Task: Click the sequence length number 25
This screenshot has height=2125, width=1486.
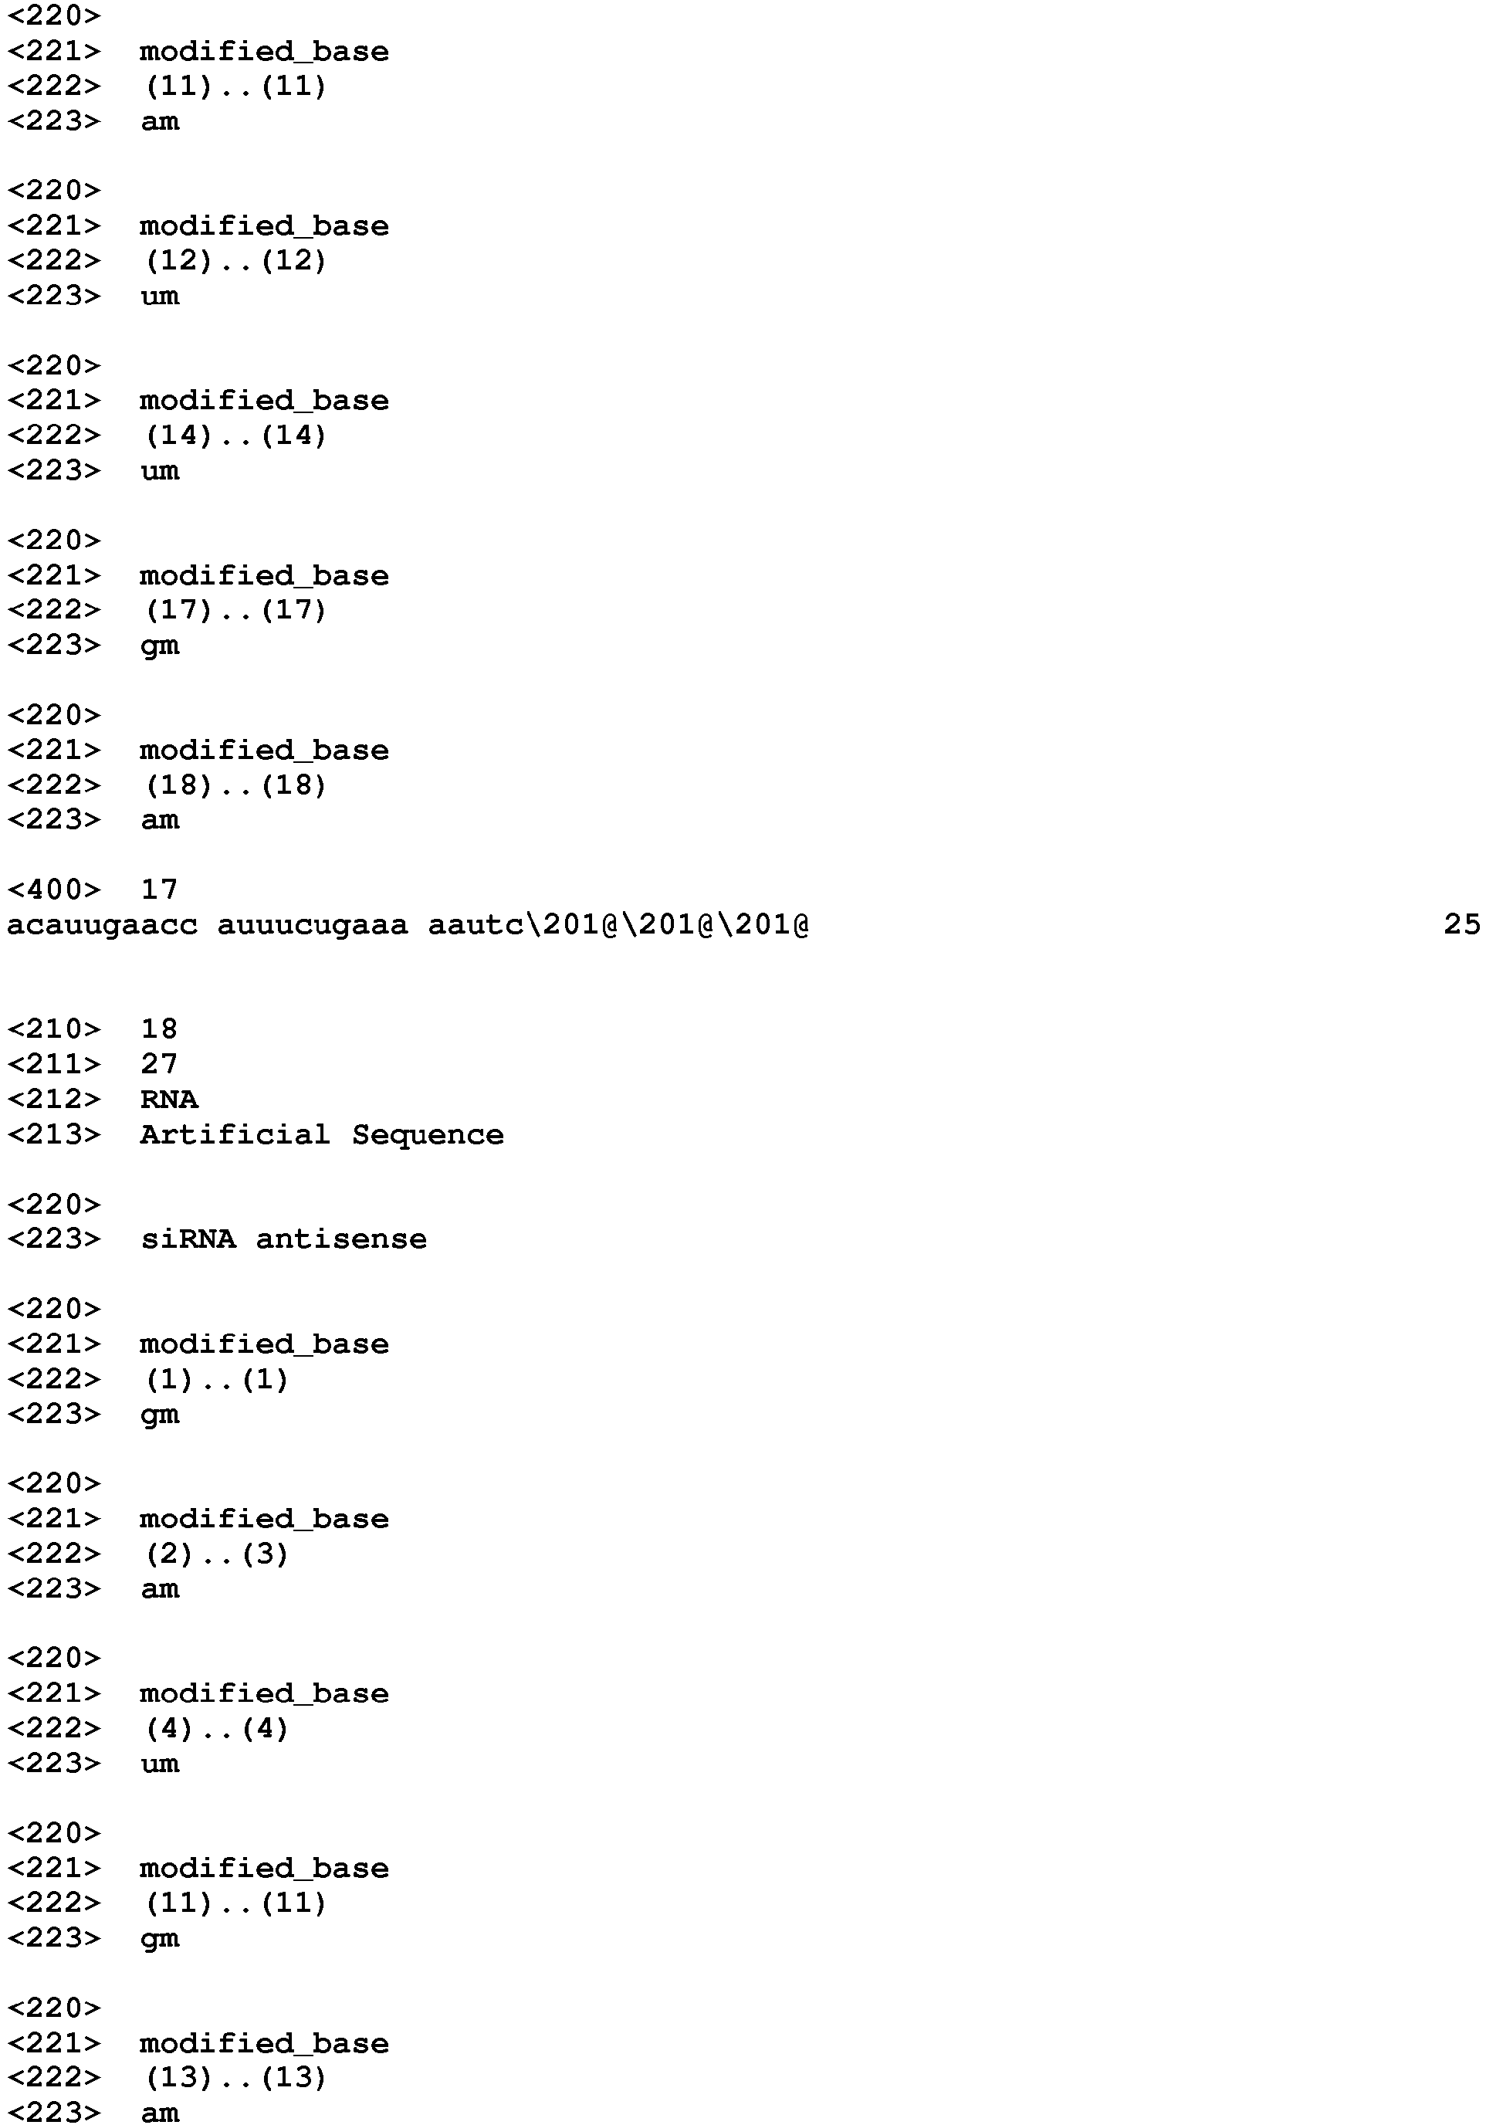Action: point(1462,924)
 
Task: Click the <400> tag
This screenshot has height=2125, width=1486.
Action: point(54,890)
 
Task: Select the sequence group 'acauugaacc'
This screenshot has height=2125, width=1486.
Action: point(103,924)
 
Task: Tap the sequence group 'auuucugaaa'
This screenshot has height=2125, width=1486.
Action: point(313,924)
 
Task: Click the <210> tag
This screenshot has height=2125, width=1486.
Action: point(54,1029)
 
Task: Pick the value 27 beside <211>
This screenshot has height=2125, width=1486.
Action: point(159,1063)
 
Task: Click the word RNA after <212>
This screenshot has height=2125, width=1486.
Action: point(169,1099)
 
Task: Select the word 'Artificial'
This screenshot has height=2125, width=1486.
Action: point(235,1134)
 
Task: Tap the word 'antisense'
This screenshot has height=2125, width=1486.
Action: point(341,1239)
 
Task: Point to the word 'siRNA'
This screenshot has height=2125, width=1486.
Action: point(188,1239)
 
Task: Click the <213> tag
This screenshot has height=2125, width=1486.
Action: point(54,1134)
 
